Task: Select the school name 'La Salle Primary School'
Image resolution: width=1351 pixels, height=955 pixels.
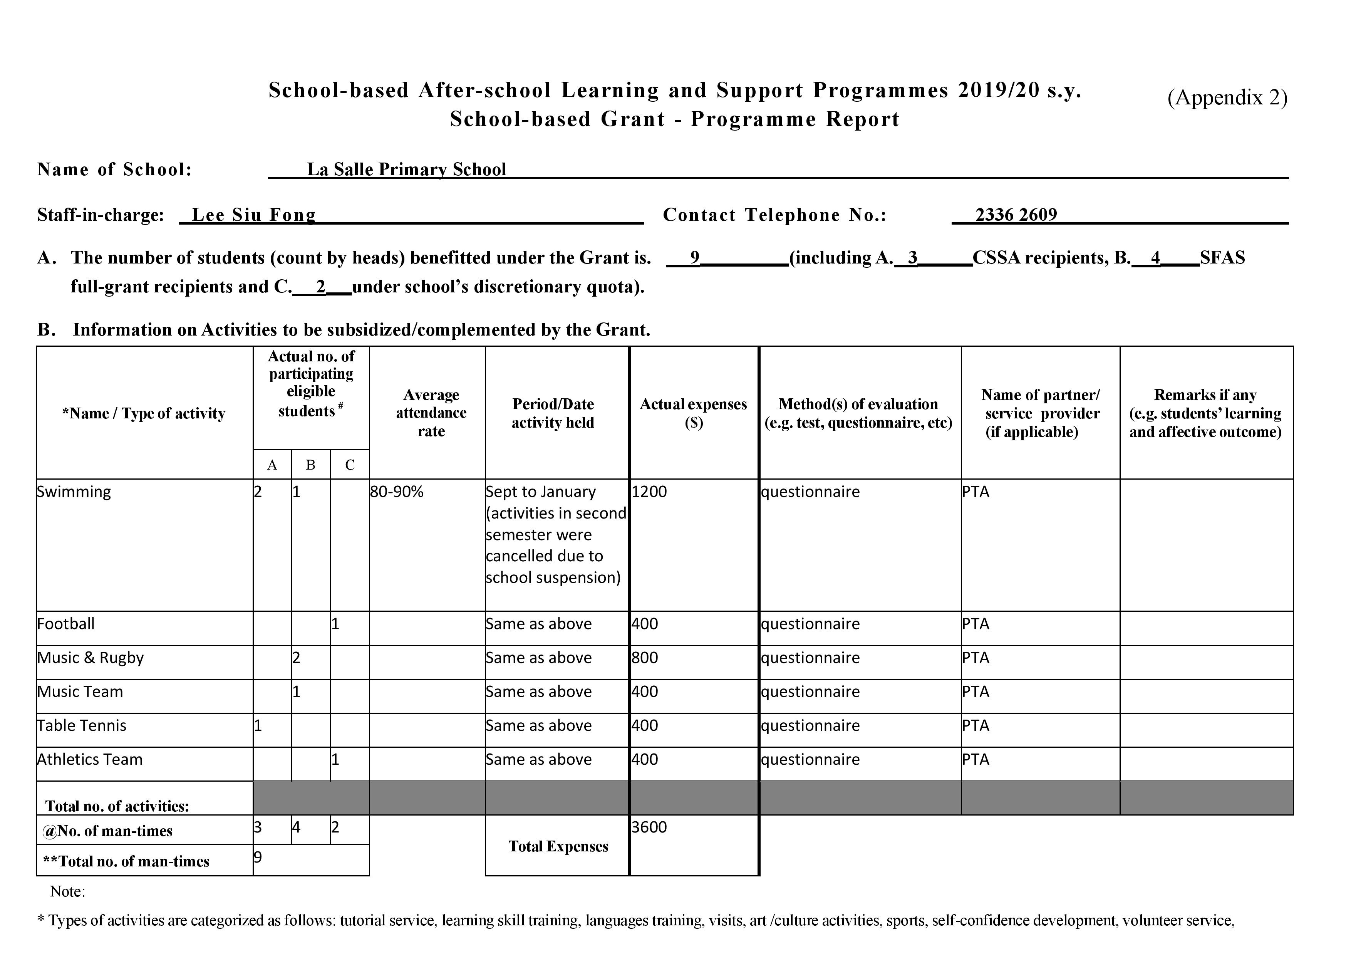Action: pos(406,170)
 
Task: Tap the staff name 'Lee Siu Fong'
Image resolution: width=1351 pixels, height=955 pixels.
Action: pos(254,215)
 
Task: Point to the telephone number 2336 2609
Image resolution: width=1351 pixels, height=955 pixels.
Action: pos(1016,215)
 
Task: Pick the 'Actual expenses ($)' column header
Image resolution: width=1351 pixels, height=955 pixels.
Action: pos(693,413)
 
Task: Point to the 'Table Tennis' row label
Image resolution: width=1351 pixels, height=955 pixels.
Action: pos(82,725)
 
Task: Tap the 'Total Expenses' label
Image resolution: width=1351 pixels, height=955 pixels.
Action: pos(558,846)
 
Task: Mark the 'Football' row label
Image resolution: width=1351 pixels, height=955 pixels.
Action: pos(66,623)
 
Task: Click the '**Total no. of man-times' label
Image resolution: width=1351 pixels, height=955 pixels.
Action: pos(126,861)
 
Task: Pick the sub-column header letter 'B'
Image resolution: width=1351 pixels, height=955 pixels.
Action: pos(311,465)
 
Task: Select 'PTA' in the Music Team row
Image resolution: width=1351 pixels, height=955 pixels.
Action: pos(975,691)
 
